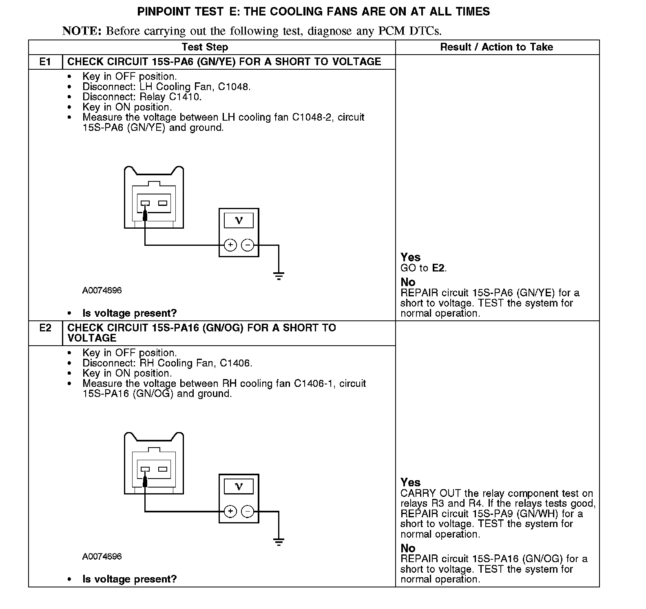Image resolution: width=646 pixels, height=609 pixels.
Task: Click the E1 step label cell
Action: [45, 62]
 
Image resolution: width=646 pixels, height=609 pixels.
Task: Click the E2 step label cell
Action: [45, 328]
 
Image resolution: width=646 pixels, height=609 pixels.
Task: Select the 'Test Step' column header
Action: [205, 47]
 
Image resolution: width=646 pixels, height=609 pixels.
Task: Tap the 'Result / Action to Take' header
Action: [496, 47]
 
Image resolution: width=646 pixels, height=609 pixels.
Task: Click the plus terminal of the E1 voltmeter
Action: [230, 245]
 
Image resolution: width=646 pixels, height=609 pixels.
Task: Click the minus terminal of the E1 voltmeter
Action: [248, 245]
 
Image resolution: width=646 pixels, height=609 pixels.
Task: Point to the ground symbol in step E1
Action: [279, 276]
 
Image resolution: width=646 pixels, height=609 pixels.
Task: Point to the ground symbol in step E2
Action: [279, 542]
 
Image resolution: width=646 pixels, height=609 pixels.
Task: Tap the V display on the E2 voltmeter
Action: [239, 487]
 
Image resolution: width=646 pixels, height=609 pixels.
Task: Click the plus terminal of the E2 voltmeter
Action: [230, 511]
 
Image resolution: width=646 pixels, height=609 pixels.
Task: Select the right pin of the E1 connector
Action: [163, 203]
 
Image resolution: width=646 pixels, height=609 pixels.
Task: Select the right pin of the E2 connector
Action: [163, 469]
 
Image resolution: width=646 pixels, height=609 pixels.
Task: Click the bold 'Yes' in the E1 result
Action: [410, 257]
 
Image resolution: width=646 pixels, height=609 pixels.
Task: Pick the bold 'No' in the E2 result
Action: [408, 548]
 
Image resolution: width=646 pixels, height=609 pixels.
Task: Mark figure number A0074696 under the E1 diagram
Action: [102, 291]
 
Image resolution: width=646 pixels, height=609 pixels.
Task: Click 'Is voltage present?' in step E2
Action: [129, 579]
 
